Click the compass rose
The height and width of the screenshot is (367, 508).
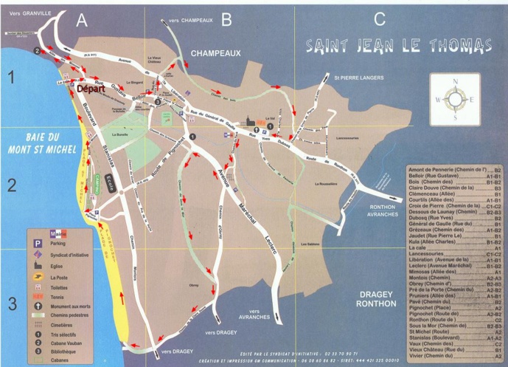pos(456,99)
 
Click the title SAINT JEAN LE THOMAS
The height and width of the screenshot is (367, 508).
pos(399,46)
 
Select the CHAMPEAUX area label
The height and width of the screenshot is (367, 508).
pos(216,53)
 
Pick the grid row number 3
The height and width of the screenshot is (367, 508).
pos(11,303)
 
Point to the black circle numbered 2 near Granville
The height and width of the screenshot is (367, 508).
pos(36,50)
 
